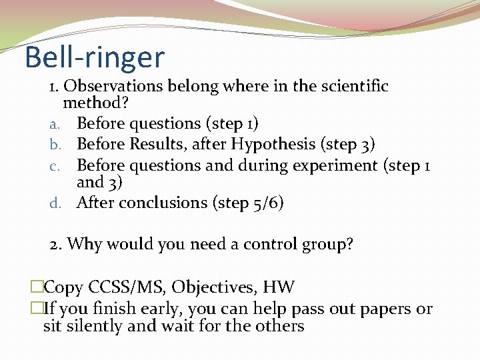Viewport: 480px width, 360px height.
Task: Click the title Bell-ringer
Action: pyautogui.click(x=94, y=57)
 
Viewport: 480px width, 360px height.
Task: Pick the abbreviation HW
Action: pyautogui.click(x=279, y=287)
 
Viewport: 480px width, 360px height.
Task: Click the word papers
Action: pyautogui.click(x=387, y=309)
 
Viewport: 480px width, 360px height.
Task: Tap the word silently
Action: pyautogui.click(x=95, y=326)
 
